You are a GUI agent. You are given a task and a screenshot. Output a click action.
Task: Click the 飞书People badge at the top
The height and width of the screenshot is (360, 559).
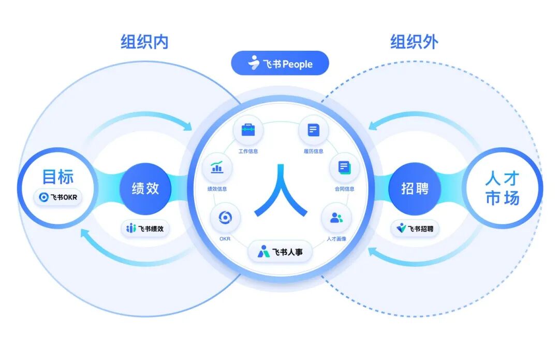(x=280, y=64)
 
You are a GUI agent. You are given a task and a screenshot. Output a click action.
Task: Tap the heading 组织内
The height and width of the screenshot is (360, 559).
(x=145, y=41)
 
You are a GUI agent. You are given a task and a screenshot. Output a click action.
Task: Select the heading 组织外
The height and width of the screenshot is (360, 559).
(x=414, y=41)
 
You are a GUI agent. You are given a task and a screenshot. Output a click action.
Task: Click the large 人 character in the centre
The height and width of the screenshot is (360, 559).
(x=281, y=190)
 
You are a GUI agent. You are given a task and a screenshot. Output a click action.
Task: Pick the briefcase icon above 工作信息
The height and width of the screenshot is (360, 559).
(x=248, y=129)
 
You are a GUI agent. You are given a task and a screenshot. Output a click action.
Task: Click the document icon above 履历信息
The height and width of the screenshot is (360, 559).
(x=314, y=129)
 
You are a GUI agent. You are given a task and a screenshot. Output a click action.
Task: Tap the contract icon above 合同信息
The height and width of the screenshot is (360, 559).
(x=344, y=167)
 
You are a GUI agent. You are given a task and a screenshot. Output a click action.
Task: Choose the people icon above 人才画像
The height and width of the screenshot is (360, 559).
(x=336, y=218)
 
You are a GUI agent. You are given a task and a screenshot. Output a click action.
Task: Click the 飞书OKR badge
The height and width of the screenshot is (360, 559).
(x=58, y=197)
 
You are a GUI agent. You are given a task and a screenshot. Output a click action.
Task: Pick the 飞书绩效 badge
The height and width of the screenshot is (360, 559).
(x=145, y=228)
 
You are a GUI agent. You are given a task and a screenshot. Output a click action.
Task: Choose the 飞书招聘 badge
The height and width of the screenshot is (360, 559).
(x=415, y=228)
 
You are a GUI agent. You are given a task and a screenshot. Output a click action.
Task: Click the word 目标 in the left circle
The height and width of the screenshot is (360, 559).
(x=58, y=177)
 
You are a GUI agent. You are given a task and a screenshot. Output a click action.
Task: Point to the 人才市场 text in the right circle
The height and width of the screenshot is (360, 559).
(x=502, y=189)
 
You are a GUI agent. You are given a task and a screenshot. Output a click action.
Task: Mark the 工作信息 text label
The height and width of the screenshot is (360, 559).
(x=248, y=151)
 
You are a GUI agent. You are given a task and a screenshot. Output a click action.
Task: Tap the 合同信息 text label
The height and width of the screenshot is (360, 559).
(x=344, y=189)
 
